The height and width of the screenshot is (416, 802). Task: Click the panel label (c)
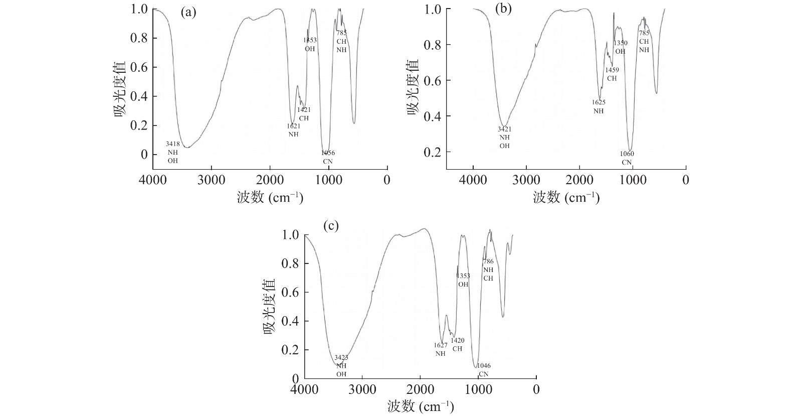[x=331, y=226]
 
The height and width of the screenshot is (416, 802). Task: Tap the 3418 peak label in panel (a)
[x=173, y=144]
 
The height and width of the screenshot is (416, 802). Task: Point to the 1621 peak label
[x=294, y=126]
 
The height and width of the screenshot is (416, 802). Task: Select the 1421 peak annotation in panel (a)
[x=304, y=110]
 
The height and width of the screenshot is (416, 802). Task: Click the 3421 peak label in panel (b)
[x=504, y=129]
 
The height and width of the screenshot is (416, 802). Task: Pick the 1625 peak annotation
[x=598, y=102]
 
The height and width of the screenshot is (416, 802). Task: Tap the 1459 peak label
[x=612, y=70]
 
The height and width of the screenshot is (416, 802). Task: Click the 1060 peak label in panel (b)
[x=627, y=154]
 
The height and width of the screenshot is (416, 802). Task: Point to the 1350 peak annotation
[x=621, y=43]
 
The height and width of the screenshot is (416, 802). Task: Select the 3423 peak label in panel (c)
[x=341, y=358]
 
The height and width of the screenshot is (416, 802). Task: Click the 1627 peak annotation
[x=441, y=345]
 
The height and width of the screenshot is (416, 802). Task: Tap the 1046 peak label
[x=483, y=366]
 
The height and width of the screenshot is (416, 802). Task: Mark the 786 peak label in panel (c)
[x=488, y=261]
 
